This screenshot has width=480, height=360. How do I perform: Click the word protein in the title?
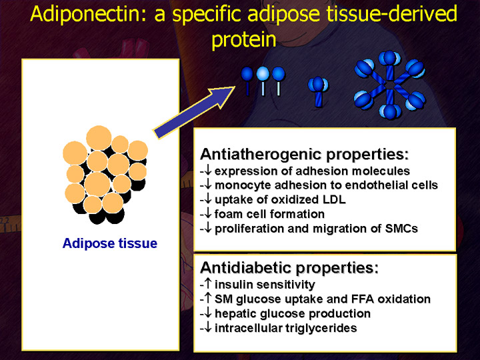click(244, 40)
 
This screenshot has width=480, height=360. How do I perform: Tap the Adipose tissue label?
click(110, 243)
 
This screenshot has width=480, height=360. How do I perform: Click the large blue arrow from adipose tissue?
click(194, 113)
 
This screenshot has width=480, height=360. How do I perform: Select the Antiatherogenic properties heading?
click(305, 154)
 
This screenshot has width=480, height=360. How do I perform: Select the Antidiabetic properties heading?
click(289, 268)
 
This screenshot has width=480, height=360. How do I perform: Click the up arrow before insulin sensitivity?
click(208, 283)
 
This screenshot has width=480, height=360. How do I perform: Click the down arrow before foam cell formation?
click(208, 213)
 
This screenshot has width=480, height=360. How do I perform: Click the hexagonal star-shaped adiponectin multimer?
click(390, 85)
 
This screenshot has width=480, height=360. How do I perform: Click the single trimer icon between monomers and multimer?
click(318, 91)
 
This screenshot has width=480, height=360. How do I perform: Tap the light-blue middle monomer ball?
click(263, 74)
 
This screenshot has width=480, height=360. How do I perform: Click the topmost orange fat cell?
click(99, 138)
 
